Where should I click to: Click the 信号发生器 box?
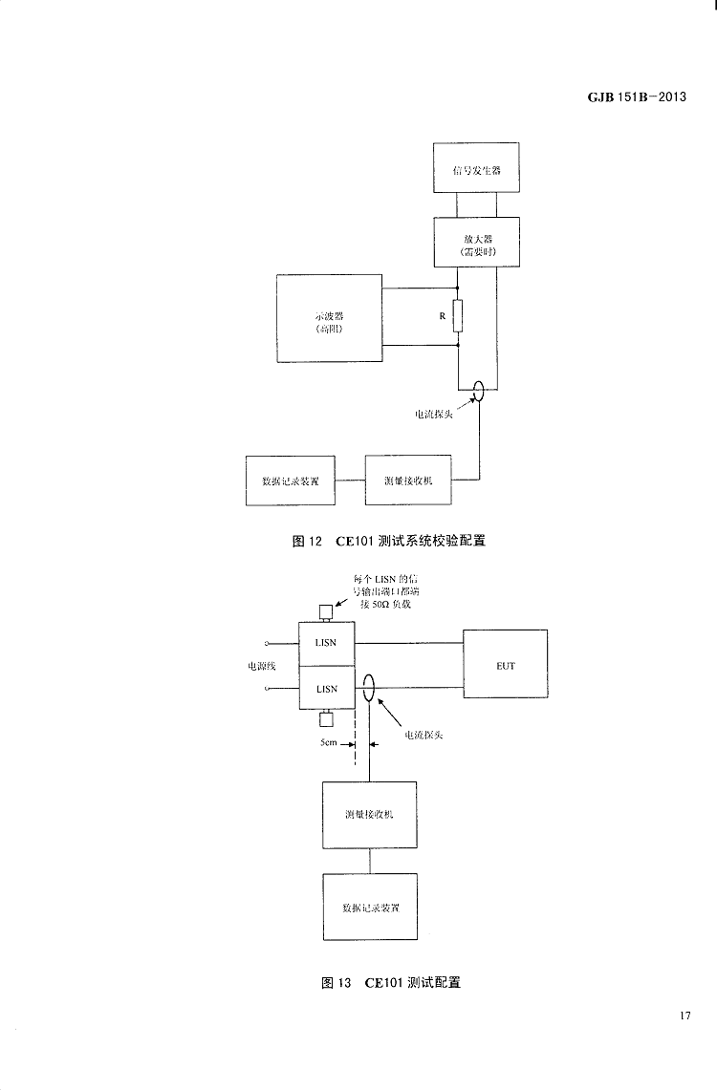tap(476, 168)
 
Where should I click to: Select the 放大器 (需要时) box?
tap(476, 242)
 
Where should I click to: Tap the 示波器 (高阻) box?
tap(329, 319)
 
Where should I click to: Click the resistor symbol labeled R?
tap(458, 315)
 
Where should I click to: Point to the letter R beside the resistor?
tap(442, 314)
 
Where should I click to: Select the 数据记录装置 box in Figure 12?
tap(291, 481)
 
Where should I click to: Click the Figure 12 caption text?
tap(388, 542)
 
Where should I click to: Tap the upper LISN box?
tap(327, 643)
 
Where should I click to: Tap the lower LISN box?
tap(327, 688)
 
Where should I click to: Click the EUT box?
tap(506, 664)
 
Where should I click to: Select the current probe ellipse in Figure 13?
tap(370, 688)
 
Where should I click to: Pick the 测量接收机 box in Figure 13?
tap(369, 815)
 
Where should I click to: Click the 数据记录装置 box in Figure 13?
tap(370, 907)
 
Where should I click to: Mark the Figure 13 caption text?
tap(391, 982)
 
